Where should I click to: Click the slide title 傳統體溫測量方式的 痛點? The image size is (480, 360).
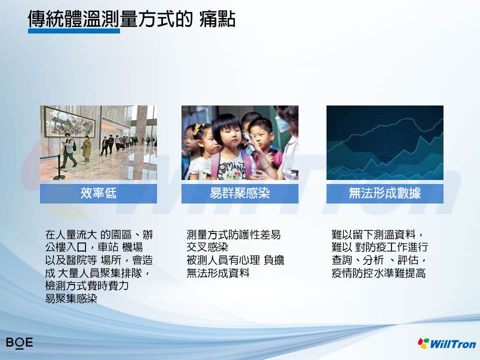tap(131, 19)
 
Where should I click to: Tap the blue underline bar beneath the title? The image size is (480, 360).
tap(74, 31)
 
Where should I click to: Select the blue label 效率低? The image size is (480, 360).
tap(98, 193)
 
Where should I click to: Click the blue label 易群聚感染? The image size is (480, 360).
tap(239, 193)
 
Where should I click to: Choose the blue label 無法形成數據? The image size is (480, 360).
tap(385, 193)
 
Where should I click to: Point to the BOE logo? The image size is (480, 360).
tap(19, 342)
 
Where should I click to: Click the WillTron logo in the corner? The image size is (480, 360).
tap(447, 343)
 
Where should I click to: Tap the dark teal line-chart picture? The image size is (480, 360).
tap(385, 142)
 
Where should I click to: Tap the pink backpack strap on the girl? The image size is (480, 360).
tap(215, 165)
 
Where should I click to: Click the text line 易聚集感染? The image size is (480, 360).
tap(71, 298)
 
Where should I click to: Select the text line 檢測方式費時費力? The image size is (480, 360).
tap(87, 285)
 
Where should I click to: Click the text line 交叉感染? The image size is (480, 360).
tap(207, 247)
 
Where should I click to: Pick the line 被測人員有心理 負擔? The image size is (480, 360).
tap(235, 260)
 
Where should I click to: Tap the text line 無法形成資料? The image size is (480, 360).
tap(218, 273)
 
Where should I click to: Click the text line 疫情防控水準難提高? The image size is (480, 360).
tap(378, 273)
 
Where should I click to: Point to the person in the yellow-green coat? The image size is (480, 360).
tap(86, 148)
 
